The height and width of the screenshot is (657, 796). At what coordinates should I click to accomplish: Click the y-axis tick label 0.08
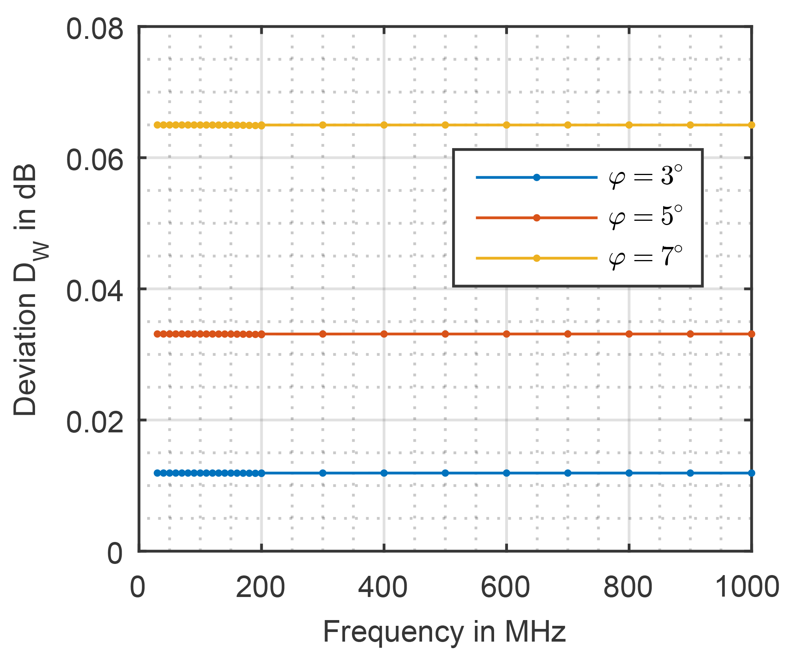pyautogui.click(x=95, y=29)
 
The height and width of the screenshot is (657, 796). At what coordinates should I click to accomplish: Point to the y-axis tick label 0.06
pyautogui.click(x=95, y=160)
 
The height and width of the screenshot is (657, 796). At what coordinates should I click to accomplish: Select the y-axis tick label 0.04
pyautogui.click(x=95, y=291)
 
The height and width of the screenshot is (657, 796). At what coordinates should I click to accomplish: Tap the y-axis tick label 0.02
pyautogui.click(x=95, y=422)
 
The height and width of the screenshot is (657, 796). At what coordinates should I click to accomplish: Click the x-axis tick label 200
pyautogui.click(x=260, y=587)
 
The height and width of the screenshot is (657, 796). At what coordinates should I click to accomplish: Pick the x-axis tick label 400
pyautogui.click(x=383, y=587)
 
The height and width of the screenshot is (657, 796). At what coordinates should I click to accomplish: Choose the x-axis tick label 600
pyautogui.click(x=506, y=587)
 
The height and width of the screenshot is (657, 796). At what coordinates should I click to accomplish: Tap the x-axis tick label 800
pyautogui.click(x=628, y=587)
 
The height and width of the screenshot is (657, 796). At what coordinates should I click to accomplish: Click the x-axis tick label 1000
pyautogui.click(x=747, y=587)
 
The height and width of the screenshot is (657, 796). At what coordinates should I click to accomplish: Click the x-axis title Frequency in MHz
pyautogui.click(x=444, y=632)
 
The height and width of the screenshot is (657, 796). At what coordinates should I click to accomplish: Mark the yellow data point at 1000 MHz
pyautogui.click(x=751, y=125)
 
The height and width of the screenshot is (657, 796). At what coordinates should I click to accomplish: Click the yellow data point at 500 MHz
pyautogui.click(x=445, y=125)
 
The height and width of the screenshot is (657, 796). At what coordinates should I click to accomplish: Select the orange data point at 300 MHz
pyautogui.click(x=323, y=334)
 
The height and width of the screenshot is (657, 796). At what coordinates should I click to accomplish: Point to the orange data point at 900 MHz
pyautogui.click(x=690, y=334)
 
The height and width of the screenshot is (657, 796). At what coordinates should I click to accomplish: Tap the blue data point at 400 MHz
pyautogui.click(x=384, y=473)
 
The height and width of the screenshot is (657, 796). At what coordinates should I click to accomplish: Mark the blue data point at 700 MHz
pyautogui.click(x=568, y=473)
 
